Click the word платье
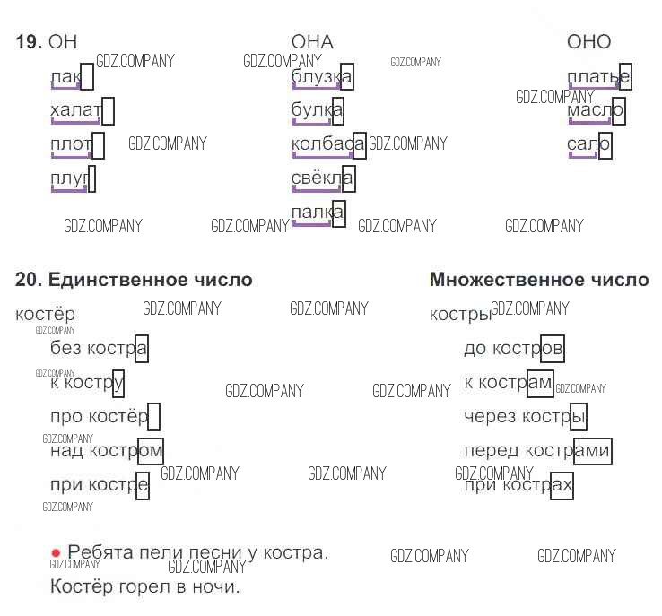tap(597, 77)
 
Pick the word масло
tap(595, 110)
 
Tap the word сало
tap(588, 144)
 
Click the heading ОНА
tap(312, 42)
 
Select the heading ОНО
tap(588, 42)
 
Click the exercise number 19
tap(29, 42)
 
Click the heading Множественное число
tap(539, 281)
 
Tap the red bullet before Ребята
tap(57, 553)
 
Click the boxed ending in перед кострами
tap(592, 451)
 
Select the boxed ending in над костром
tap(150, 450)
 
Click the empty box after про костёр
tap(154, 417)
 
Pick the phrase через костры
tap(525, 417)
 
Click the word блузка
tap(321, 77)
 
